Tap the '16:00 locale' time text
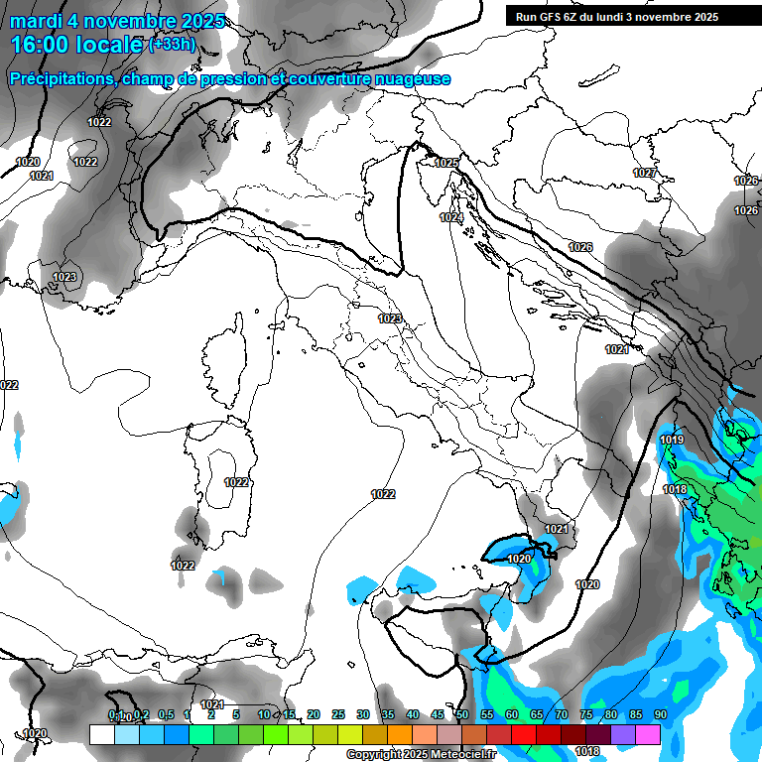click(x=76, y=46)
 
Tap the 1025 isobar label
click(x=446, y=163)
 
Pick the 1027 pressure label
click(x=645, y=174)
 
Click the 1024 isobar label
click(x=452, y=217)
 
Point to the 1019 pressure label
click(x=672, y=440)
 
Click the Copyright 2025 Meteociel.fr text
click(x=421, y=755)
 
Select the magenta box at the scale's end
click(x=648, y=734)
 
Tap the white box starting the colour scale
click(x=101, y=734)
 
